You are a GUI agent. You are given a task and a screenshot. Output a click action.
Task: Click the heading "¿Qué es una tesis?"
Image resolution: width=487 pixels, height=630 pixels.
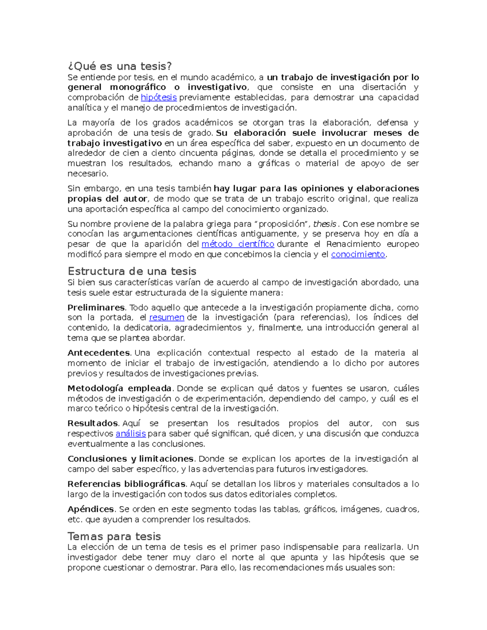click(x=120, y=66)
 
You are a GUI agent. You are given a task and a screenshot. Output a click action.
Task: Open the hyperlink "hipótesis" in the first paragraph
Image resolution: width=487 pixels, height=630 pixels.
click(x=158, y=97)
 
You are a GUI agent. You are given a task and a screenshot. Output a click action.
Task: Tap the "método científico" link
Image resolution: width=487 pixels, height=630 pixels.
click(x=238, y=244)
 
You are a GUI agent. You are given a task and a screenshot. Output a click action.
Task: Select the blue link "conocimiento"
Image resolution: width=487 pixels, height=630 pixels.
click(x=358, y=254)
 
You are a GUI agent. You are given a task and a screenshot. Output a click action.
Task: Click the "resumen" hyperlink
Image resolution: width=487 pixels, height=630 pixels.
click(x=167, y=317)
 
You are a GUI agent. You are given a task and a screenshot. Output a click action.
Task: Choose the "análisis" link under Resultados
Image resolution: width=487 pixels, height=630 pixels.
click(x=131, y=434)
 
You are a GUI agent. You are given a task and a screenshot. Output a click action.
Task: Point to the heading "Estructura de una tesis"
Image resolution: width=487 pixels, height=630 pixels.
click(x=132, y=271)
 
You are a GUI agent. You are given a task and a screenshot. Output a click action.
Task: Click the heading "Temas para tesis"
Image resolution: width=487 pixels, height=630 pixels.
click(x=114, y=536)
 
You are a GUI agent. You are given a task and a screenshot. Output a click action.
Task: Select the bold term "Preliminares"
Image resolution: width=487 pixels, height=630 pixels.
click(x=96, y=307)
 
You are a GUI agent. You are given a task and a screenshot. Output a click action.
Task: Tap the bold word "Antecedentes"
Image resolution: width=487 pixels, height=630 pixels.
click(x=99, y=353)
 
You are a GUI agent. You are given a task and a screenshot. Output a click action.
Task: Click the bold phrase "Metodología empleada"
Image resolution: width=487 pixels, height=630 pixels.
click(x=119, y=388)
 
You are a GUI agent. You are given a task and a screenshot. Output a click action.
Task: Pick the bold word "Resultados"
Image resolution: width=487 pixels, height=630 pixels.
click(x=93, y=424)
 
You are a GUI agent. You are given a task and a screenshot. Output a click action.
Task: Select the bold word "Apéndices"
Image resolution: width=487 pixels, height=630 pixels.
click(x=91, y=509)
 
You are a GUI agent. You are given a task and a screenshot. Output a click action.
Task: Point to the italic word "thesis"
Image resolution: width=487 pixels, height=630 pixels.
click(x=325, y=224)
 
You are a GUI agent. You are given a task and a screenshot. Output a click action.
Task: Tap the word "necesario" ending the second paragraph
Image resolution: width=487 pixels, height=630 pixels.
click(x=87, y=174)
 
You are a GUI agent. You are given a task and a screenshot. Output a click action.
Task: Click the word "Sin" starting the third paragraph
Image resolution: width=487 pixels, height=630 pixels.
click(x=74, y=189)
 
